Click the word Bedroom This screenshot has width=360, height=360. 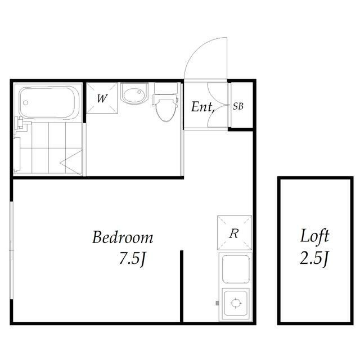[x=123, y=237]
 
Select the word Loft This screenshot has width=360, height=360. [x=314, y=236]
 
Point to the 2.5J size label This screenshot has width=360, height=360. [x=314, y=258]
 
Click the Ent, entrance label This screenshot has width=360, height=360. [x=203, y=107]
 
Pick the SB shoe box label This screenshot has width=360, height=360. [x=238, y=106]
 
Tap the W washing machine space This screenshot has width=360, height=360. [x=102, y=98]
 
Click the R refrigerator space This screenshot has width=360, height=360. [x=235, y=233]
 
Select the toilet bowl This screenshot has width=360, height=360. [x=165, y=110]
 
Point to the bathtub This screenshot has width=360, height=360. [x=49, y=102]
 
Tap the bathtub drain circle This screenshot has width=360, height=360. [x=26, y=102]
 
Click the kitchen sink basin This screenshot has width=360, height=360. [x=236, y=269]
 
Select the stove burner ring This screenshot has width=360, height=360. [x=236, y=303]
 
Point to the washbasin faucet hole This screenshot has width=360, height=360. [x=139, y=92]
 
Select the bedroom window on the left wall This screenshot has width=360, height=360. [x=12, y=250]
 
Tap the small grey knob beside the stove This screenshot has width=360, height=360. [x=217, y=303]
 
